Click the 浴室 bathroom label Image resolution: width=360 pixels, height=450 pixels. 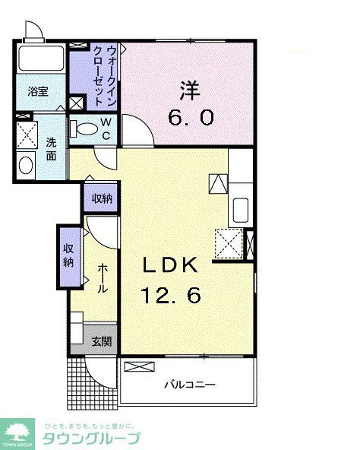pos(38,91)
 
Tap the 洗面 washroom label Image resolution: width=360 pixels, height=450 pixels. pos(51,148)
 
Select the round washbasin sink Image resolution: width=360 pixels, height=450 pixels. pos(25,164)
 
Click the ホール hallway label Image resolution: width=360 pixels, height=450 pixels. pos(101,280)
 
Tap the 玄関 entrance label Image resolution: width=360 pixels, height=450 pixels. pos(101,341)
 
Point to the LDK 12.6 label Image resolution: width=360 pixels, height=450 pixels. pos(173,279)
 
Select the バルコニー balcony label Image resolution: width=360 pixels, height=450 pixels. pos(190,385)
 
